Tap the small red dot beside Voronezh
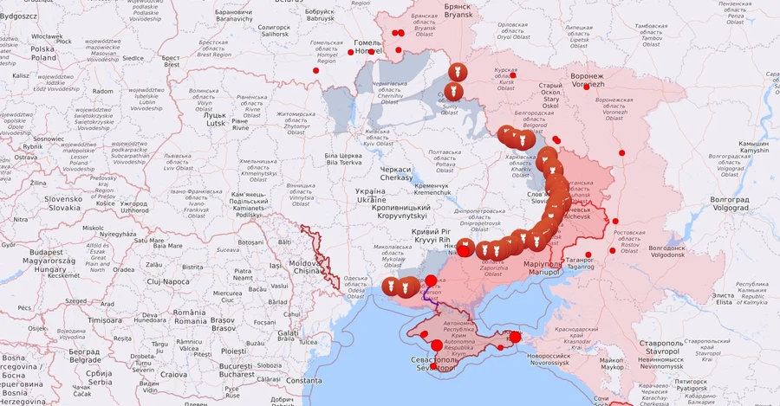pos(586,87)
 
